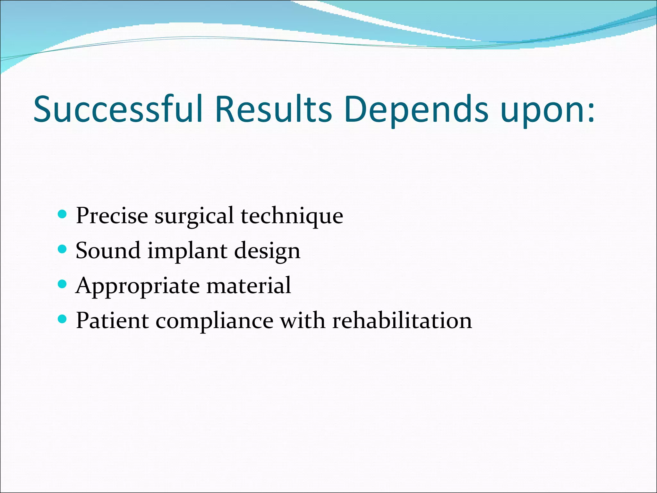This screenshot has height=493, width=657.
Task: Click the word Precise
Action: click(x=112, y=215)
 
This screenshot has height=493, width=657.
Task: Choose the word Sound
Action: click(x=108, y=250)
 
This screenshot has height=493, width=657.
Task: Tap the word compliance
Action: click(x=214, y=321)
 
